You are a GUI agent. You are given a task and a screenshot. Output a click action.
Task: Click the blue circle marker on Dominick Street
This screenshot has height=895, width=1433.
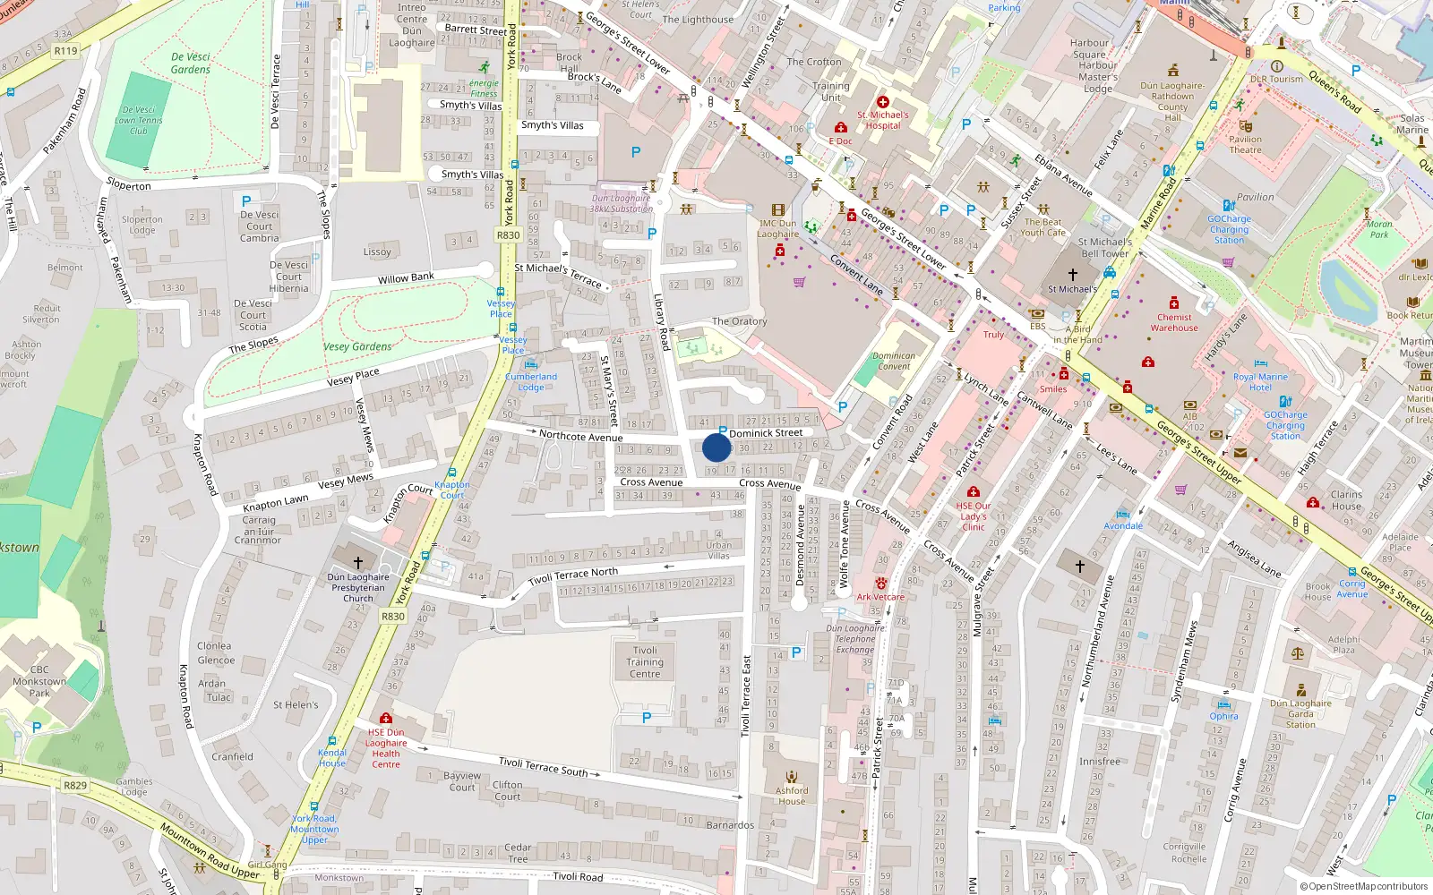click(x=716, y=447)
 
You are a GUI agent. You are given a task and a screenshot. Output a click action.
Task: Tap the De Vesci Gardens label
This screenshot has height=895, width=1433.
click(x=191, y=63)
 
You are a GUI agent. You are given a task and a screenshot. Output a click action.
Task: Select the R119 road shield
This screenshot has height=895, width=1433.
click(x=65, y=51)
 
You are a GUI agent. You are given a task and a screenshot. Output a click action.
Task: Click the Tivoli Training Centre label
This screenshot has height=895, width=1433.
click(x=645, y=662)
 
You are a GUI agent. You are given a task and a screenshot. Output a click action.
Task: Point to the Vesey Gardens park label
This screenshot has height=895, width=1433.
click(x=357, y=346)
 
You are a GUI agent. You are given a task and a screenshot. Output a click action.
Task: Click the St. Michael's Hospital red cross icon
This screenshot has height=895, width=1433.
click(x=882, y=102)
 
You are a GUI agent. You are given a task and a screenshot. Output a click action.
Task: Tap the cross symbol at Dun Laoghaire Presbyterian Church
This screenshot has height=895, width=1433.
click(x=358, y=562)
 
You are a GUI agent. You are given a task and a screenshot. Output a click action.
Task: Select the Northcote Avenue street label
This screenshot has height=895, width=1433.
click(x=580, y=436)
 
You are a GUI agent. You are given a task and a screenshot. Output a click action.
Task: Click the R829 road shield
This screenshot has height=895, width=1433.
click(x=75, y=786)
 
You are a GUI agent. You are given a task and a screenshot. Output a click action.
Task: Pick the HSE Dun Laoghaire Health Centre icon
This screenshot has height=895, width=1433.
click(x=386, y=718)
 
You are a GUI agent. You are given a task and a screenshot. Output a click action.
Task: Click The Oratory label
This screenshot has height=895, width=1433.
click(x=739, y=321)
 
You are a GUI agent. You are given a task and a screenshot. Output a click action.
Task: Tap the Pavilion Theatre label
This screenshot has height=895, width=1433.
click(x=1245, y=144)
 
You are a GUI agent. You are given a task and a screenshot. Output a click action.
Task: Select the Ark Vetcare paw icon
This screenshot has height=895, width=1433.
click(x=880, y=584)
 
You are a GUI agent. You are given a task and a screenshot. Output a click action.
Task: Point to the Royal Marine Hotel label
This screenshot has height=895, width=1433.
click(x=1260, y=382)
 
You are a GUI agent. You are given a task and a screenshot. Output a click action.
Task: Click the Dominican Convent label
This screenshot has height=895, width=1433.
click(x=894, y=361)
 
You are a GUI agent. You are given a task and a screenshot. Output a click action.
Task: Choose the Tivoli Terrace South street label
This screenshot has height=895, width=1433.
click(x=544, y=767)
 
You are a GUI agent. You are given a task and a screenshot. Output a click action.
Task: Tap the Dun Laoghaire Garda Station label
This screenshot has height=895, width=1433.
click(x=1300, y=713)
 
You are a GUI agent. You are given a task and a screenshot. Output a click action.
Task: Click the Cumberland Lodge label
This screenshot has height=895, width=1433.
click(x=531, y=381)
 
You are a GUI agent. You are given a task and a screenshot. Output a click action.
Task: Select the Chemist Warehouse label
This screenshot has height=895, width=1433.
click(x=1174, y=322)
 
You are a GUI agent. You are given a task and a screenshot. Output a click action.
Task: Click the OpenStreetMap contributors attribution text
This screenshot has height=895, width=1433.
click(x=1364, y=887)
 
